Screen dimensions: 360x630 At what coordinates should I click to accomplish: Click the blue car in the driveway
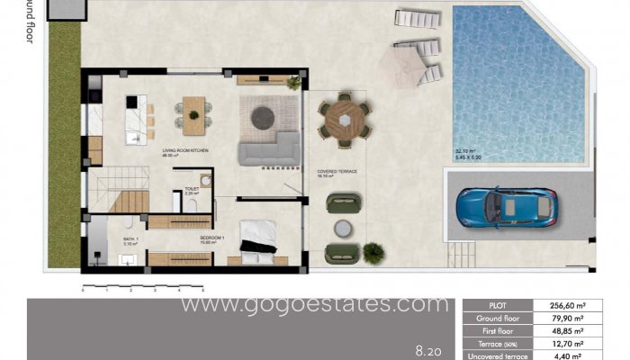[x=507, y=207]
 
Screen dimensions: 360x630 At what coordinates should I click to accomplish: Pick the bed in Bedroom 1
[x=261, y=241]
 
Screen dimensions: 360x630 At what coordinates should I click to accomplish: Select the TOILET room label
[x=191, y=189]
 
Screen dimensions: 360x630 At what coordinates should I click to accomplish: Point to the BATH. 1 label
[x=130, y=239]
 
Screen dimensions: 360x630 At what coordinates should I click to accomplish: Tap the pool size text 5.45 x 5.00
[x=470, y=158]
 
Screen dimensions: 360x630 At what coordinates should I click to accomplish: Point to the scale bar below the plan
[x=143, y=288]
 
